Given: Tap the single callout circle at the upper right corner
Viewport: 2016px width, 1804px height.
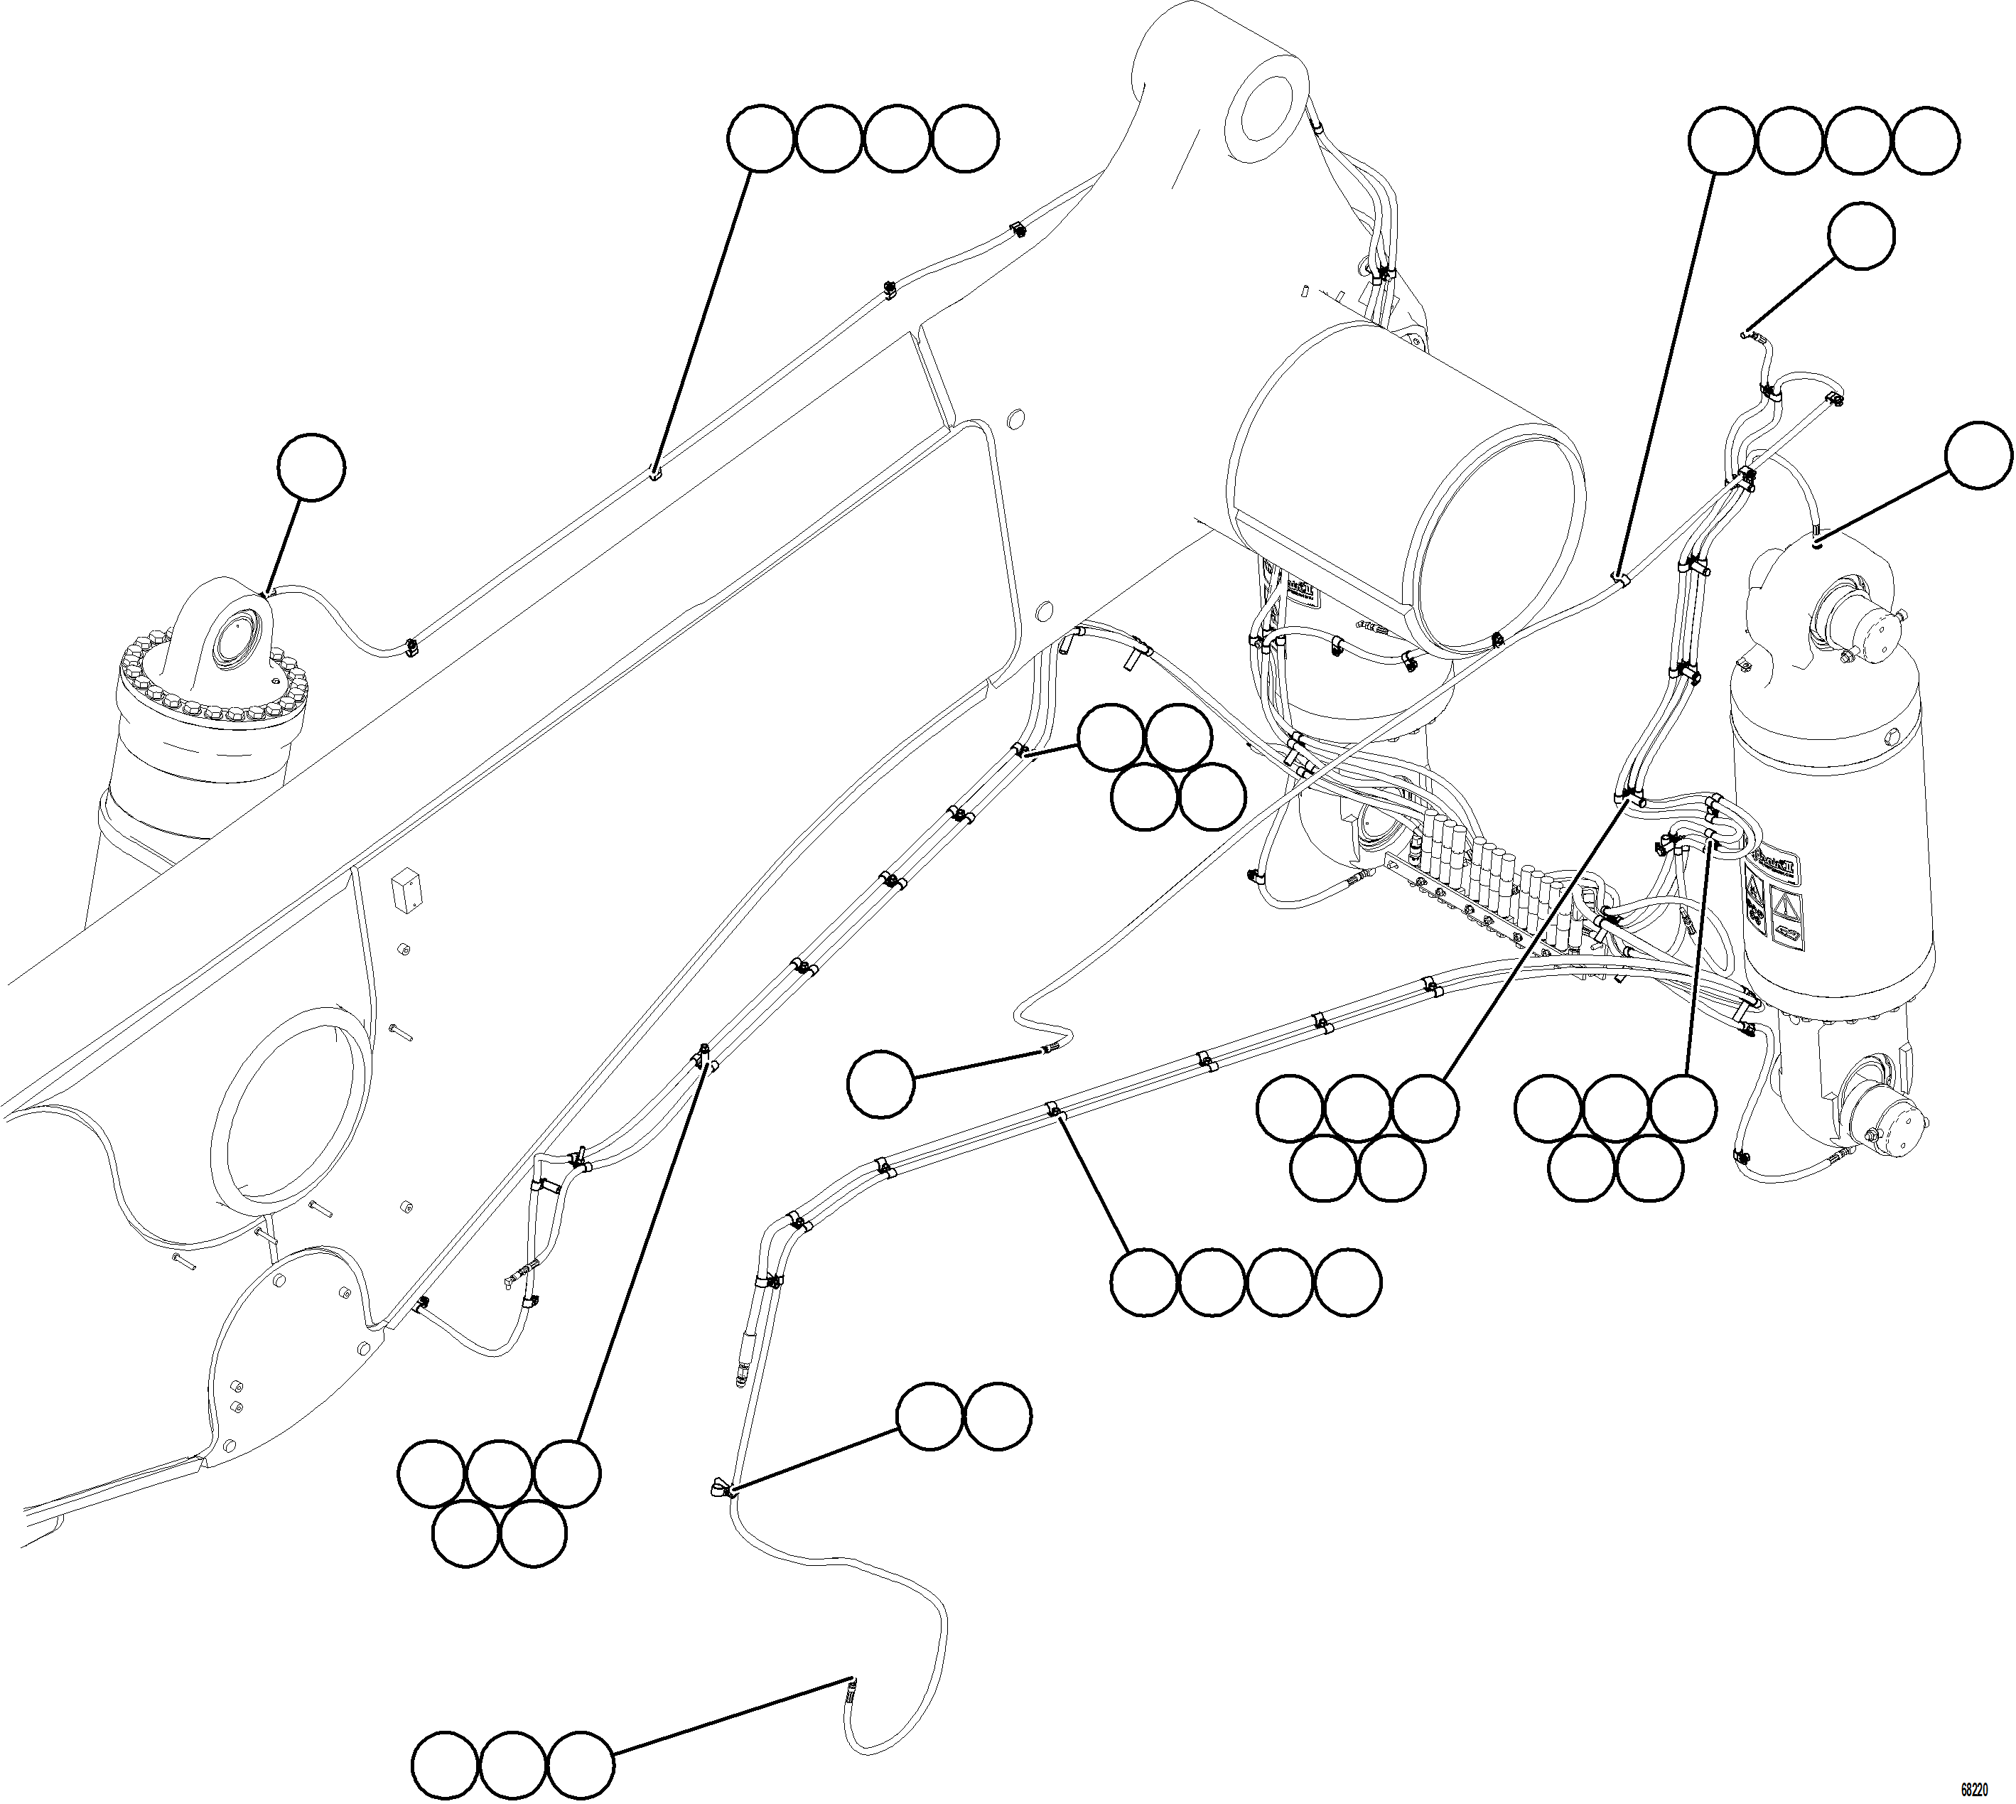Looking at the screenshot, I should (x=1861, y=236).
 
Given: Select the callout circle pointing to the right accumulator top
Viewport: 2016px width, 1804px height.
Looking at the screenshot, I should (x=1978, y=455).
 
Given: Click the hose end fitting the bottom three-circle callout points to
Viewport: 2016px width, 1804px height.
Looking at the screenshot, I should (x=849, y=1688).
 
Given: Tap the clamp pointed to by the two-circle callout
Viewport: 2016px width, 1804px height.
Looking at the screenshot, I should (x=720, y=1486).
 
